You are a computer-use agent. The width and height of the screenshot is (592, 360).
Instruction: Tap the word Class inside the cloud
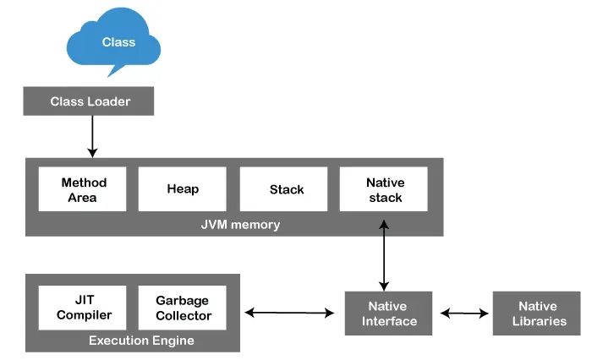118,41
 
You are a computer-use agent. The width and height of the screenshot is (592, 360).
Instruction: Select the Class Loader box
90,102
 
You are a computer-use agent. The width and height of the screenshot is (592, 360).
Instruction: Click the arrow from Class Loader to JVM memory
92,135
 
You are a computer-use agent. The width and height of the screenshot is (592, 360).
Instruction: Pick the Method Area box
82,189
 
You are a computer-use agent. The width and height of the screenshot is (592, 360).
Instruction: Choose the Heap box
182,189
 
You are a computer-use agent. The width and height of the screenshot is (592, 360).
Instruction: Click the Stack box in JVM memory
286,189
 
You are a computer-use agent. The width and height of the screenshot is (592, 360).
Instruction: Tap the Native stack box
385,189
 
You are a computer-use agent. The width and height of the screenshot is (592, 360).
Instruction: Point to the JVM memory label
234,225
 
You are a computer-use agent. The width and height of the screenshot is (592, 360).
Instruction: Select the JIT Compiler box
82,308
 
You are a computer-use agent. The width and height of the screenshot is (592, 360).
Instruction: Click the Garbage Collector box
183,308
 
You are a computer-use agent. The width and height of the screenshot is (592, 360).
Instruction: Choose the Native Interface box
389,314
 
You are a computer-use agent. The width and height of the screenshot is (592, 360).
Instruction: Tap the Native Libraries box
536,314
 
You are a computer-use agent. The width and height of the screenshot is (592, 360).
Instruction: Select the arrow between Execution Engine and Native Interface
289,314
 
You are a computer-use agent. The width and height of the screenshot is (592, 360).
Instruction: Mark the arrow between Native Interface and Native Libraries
464,314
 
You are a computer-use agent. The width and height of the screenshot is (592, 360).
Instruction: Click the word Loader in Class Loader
107,102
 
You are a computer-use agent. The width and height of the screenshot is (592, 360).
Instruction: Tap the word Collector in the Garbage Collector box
183,316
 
